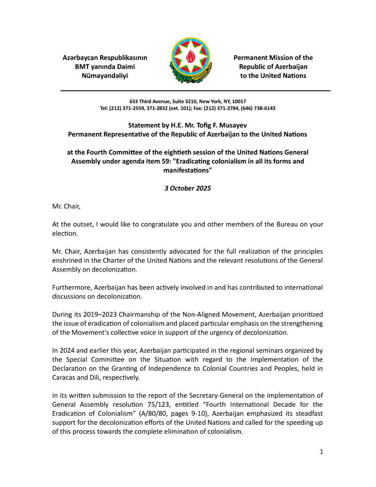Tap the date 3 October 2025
pos(188,188)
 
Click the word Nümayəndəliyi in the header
pos(105,76)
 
